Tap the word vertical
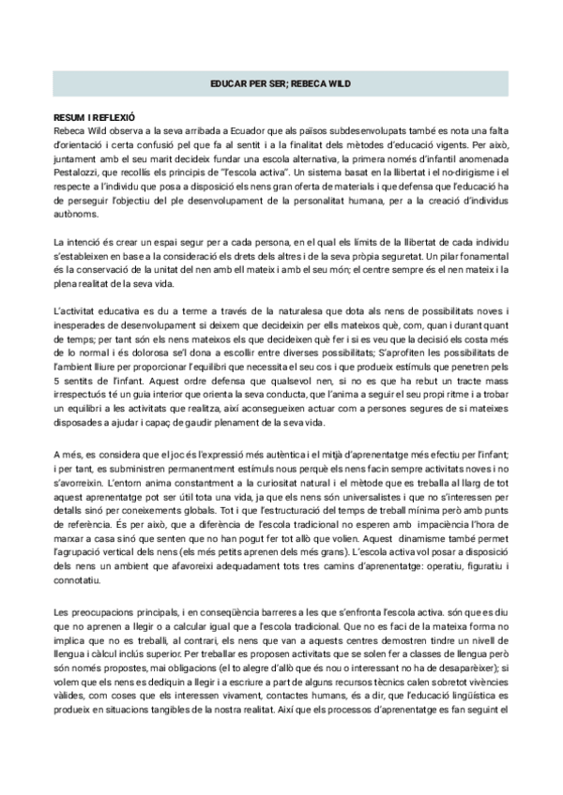tap(129, 565)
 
